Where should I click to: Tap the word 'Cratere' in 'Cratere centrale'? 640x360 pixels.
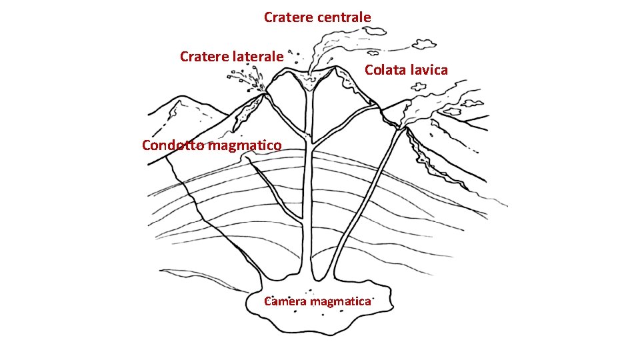[x=289, y=17]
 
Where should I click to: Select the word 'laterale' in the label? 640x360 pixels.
[x=259, y=57]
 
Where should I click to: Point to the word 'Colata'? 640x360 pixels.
[x=385, y=70]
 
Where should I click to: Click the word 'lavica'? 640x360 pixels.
[x=429, y=70]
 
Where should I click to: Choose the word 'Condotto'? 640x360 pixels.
[x=173, y=145]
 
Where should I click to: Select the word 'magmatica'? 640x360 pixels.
[x=339, y=301]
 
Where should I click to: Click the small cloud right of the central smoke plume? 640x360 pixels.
[x=423, y=43]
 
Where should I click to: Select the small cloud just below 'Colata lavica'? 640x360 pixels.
[x=419, y=87]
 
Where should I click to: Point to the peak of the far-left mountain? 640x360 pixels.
[x=179, y=99]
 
